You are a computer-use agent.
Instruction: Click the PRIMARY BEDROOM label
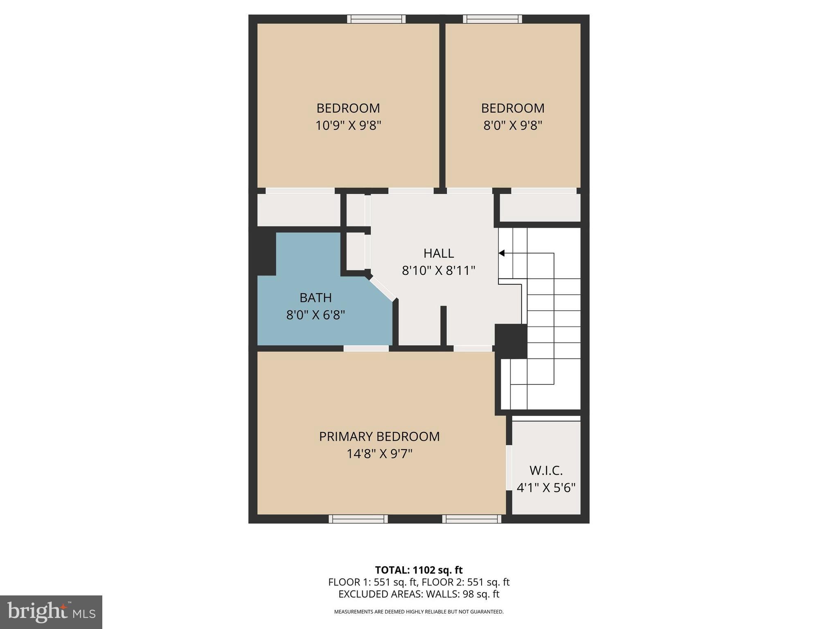click(379, 437)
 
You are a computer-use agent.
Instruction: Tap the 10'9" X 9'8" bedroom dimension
click(348, 125)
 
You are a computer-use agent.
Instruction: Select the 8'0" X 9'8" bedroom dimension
click(513, 125)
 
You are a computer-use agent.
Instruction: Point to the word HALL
click(439, 253)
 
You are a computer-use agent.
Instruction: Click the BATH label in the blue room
click(315, 298)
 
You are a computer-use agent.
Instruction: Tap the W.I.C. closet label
click(546, 471)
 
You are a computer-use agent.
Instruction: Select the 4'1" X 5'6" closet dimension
click(546, 488)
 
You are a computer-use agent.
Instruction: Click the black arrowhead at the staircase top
click(502, 253)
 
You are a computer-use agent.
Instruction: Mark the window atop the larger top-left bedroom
click(376, 19)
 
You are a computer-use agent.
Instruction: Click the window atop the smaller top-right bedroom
click(492, 19)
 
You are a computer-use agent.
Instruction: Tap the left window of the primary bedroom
click(358, 519)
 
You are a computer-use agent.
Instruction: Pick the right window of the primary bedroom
click(471, 519)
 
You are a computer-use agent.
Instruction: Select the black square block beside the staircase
click(511, 341)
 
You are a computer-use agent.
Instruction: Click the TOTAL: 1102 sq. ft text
click(419, 570)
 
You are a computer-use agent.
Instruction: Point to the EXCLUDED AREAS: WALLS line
click(419, 594)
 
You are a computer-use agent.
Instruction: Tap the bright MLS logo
click(51, 612)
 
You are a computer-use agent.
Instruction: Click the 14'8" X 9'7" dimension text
click(379, 454)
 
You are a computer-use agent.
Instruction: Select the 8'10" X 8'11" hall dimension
click(439, 271)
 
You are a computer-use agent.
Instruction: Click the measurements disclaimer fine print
click(419, 612)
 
